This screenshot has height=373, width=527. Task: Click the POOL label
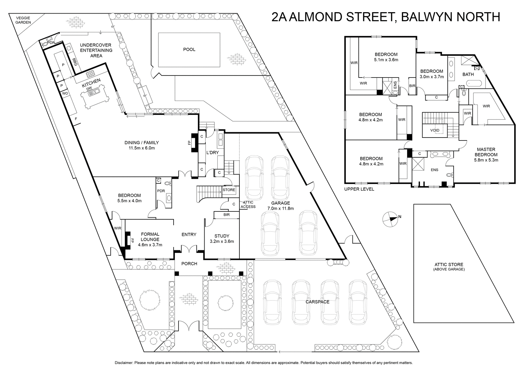[x=189, y=49]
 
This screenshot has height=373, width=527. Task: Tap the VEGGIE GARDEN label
[x=23, y=20]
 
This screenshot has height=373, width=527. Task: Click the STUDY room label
[x=222, y=236]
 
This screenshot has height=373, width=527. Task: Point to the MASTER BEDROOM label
[x=486, y=152]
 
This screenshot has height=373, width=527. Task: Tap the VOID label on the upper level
[x=435, y=130]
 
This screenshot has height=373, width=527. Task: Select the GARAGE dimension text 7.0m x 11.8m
[x=280, y=208]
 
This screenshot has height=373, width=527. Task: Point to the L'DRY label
[x=212, y=152]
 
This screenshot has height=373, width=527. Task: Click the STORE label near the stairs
[x=229, y=190]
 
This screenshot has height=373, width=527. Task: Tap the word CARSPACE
[x=318, y=302]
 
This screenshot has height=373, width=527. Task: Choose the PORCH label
[x=189, y=264]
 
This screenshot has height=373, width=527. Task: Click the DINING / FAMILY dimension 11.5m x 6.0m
[x=142, y=148]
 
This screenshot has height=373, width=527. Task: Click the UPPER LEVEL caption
[x=359, y=189]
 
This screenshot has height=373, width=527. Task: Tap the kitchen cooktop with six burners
[x=91, y=74]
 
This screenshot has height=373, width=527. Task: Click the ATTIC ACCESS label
[x=248, y=204]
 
